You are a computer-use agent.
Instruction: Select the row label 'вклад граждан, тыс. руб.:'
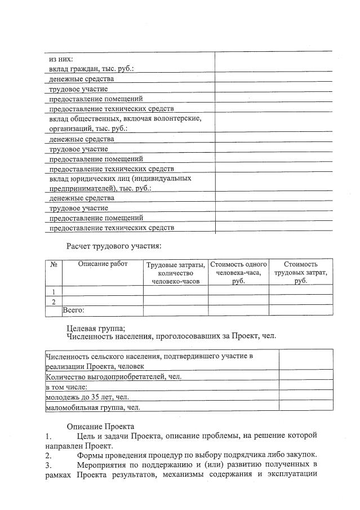click(91, 69)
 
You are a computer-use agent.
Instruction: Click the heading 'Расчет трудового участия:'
click(114, 246)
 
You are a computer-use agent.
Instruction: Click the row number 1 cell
click(54, 291)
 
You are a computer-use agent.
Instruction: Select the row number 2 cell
click(54, 301)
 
